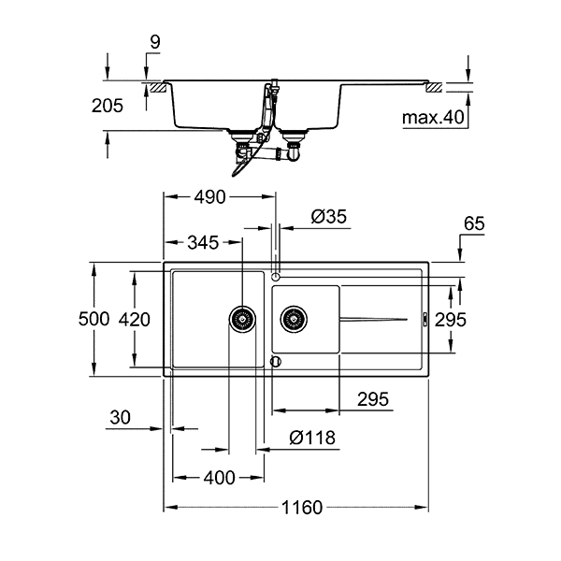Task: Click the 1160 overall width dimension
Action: coord(302,508)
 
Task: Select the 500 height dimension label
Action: coord(93,319)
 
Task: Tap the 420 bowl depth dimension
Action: coord(135,319)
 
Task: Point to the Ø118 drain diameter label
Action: coord(312,438)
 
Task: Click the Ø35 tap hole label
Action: coord(329,217)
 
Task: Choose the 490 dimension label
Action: coord(210,196)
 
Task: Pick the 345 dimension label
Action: coord(203,242)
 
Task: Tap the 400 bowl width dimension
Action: coord(220,478)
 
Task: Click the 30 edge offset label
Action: coord(121,417)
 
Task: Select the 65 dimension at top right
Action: coord(474,223)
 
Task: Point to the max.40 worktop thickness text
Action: coord(433,118)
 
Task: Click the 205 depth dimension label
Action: coord(108,106)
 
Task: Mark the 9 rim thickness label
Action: coord(155,42)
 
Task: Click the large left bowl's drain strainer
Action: coord(242,319)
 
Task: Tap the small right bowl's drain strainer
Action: coord(295,319)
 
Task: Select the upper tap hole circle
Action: coord(276,277)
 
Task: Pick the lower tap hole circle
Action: coord(276,362)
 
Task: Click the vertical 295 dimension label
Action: coord(451,320)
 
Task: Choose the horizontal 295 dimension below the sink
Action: coord(373,399)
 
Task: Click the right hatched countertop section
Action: coord(434,88)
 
